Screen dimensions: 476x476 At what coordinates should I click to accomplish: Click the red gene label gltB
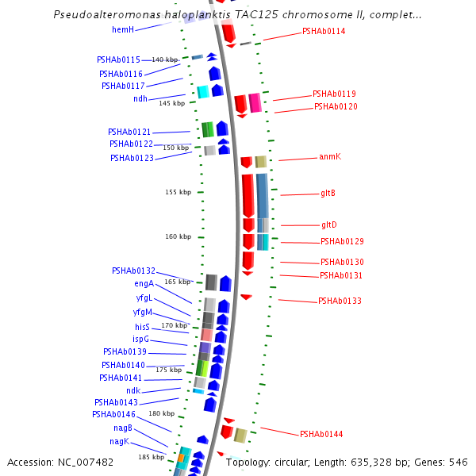(x=328, y=193)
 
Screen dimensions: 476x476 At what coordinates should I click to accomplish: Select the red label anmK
(x=329, y=157)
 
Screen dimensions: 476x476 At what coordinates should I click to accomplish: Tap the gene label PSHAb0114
(x=324, y=32)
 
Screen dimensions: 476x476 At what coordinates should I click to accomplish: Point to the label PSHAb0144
(x=321, y=434)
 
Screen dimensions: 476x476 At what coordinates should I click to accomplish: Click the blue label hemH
(x=123, y=30)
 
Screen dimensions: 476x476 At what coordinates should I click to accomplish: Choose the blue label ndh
(x=140, y=99)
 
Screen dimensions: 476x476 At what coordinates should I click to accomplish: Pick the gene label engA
(x=144, y=284)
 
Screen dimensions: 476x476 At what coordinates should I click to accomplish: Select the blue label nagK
(x=119, y=441)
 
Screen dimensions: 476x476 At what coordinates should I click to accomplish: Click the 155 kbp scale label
(x=178, y=192)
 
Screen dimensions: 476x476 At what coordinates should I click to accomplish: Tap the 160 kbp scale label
(x=178, y=236)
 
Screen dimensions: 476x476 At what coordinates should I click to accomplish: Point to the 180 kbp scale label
(x=161, y=413)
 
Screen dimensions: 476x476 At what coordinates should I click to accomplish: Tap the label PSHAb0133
(x=340, y=301)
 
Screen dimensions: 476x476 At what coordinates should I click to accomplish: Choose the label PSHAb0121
(x=129, y=132)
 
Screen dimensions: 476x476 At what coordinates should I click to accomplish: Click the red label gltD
(x=328, y=225)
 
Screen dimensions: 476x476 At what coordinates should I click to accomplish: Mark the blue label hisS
(x=142, y=327)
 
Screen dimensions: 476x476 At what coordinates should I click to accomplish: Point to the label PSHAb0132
(x=133, y=271)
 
